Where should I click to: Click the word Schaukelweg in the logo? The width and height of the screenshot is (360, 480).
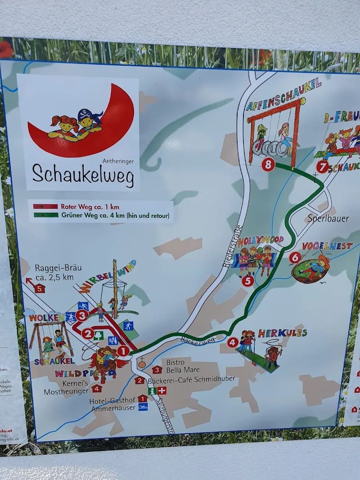(83, 175)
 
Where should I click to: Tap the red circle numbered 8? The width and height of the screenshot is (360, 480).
(268, 165)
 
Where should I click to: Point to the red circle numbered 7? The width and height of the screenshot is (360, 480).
(322, 167)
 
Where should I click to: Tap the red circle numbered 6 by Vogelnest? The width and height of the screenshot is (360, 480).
(295, 257)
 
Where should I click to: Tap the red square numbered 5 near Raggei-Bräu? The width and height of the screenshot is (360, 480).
(40, 288)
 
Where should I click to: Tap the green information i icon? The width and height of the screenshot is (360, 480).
(152, 391)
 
